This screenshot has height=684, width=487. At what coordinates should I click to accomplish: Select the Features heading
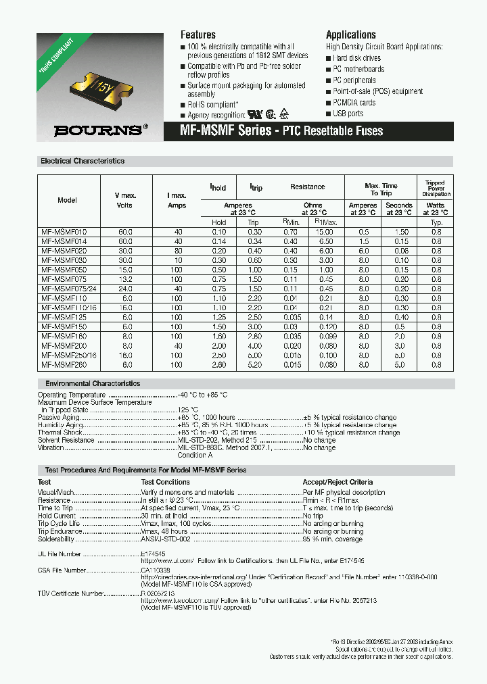[198, 34]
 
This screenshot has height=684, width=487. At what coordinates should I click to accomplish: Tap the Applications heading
[350, 34]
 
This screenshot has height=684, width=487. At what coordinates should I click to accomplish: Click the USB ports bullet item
[348, 114]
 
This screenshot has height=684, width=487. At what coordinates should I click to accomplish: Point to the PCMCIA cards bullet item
[354, 103]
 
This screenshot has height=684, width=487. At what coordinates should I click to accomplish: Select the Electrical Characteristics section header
[83, 162]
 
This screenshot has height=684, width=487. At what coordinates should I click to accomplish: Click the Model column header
[68, 200]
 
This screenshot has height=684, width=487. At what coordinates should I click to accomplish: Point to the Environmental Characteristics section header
[90, 383]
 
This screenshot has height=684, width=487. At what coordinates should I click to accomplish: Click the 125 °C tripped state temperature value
[188, 410]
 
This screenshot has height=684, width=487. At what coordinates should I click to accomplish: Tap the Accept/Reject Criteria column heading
[337, 482]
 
